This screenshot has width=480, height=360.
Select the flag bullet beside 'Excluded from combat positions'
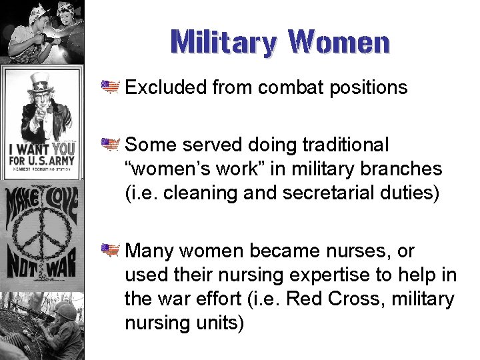(x=109, y=87)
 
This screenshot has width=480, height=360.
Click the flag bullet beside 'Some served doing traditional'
(x=109, y=144)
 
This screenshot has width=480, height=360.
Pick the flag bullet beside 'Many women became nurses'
(x=109, y=251)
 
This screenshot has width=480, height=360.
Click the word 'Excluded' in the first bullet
(x=167, y=87)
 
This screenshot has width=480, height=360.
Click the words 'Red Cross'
(x=312, y=299)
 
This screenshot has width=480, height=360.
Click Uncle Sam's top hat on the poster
(x=40, y=83)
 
